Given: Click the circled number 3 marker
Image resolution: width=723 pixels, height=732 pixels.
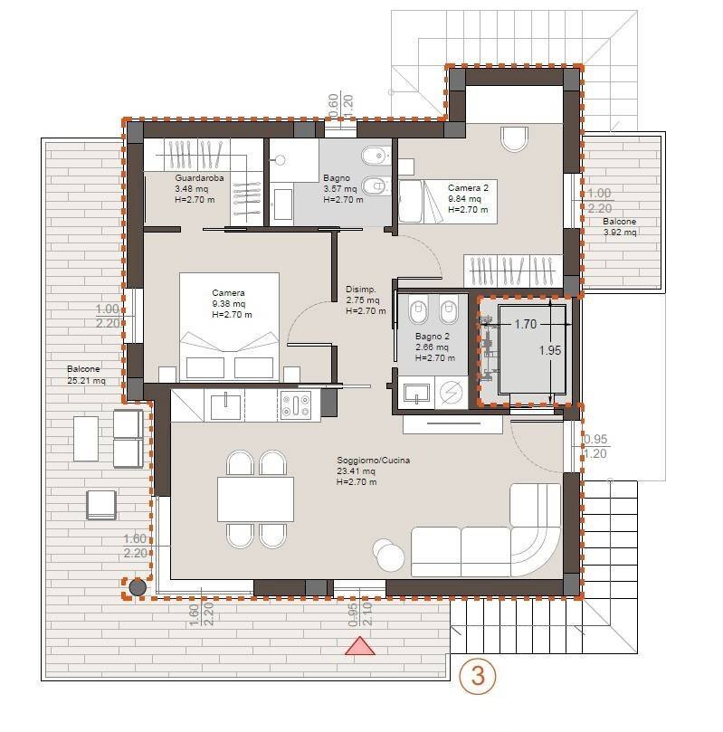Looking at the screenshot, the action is pyautogui.click(x=478, y=676).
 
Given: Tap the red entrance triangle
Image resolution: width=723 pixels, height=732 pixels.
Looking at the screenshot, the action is pyautogui.click(x=360, y=646).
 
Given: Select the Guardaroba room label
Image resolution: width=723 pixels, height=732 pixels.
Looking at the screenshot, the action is pyautogui.click(x=199, y=178).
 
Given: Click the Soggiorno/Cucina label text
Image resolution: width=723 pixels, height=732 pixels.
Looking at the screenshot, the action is pyautogui.click(x=374, y=461).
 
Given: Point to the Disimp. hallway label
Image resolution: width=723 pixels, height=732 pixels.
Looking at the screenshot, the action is pyautogui.click(x=360, y=290).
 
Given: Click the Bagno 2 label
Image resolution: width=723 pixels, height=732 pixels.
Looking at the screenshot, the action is pyautogui.click(x=433, y=336).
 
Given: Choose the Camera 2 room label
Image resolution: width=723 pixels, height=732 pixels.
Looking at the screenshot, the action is pyautogui.click(x=468, y=187).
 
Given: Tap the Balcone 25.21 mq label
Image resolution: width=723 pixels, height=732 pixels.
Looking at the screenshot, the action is pyautogui.click(x=86, y=375).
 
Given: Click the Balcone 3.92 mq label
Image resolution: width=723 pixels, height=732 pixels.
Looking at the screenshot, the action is pyautogui.click(x=619, y=227).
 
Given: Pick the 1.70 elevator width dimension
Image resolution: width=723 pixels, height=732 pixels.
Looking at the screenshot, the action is pyautogui.click(x=525, y=324).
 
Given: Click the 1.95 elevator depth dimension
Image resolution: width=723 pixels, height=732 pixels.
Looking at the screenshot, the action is pyautogui.click(x=550, y=350).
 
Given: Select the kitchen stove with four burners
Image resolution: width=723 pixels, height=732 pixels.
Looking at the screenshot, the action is pyautogui.click(x=296, y=405).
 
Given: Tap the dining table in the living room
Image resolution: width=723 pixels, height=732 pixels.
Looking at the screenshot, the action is pyautogui.click(x=255, y=499).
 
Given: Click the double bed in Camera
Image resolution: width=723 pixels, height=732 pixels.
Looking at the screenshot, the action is pyautogui.click(x=229, y=327).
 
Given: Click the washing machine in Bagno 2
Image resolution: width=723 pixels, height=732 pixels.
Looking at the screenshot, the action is pyautogui.click(x=451, y=393).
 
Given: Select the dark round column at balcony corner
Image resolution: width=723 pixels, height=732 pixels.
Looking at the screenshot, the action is pyautogui.click(x=138, y=587).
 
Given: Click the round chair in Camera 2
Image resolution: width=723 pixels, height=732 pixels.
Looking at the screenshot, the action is pyautogui.click(x=514, y=138).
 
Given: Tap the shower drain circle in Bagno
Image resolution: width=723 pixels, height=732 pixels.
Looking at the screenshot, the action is pyautogui.click(x=280, y=160).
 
